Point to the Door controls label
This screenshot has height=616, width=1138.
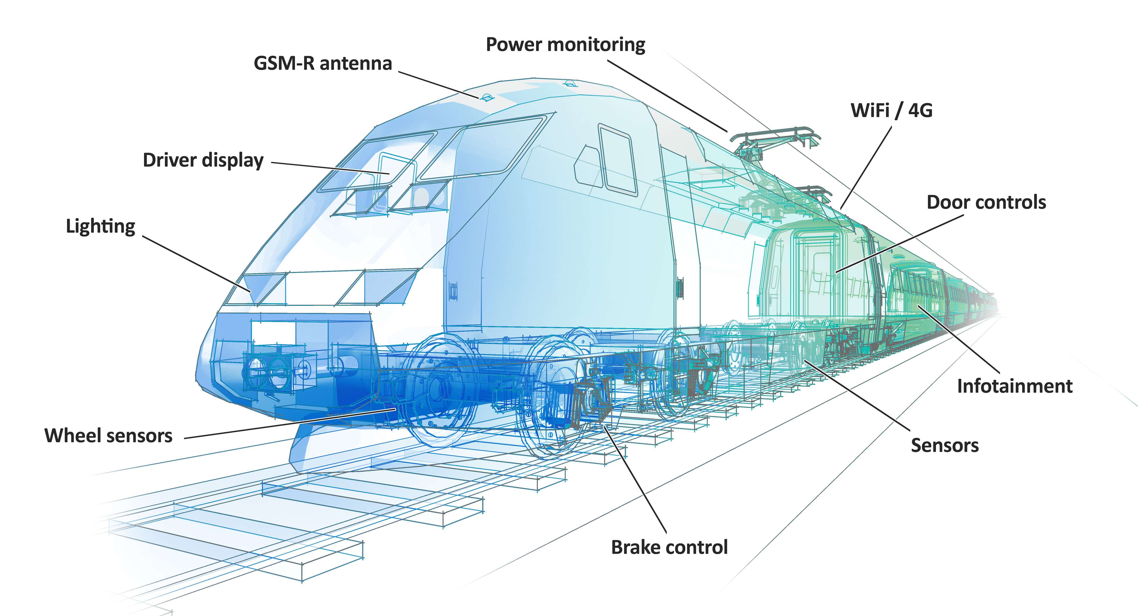tap(986, 202)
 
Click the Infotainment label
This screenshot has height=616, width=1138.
tap(1014, 386)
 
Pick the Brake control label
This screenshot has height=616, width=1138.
tap(669, 547)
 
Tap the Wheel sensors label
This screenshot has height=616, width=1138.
tap(108, 435)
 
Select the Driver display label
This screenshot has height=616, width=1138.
tap(203, 160)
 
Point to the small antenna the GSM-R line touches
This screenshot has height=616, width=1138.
tap(487, 97)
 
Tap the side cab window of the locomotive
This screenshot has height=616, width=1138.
tap(618, 160)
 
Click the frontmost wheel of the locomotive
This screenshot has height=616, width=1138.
tap(437, 389)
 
